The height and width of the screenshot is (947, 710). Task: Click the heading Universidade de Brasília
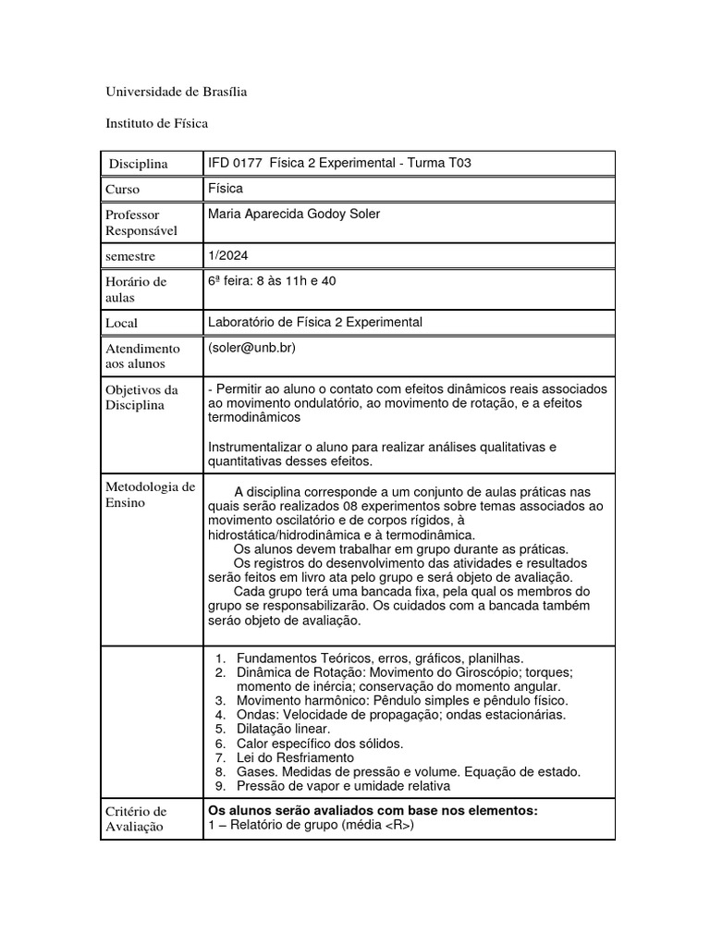177,92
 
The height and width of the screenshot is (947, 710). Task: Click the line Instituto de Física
157,122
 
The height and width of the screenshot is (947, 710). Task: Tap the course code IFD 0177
236,163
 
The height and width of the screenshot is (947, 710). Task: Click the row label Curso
124,190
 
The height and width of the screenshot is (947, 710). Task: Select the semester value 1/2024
229,254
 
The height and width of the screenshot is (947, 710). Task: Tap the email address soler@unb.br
253,347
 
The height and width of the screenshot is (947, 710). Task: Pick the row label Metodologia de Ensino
151,495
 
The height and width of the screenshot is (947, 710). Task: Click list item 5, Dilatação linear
271,729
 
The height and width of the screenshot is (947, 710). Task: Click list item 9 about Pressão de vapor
343,785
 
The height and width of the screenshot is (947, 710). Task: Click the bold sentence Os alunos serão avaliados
373,810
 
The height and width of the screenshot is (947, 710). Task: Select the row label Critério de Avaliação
137,819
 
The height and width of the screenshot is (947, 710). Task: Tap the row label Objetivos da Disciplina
141,398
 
